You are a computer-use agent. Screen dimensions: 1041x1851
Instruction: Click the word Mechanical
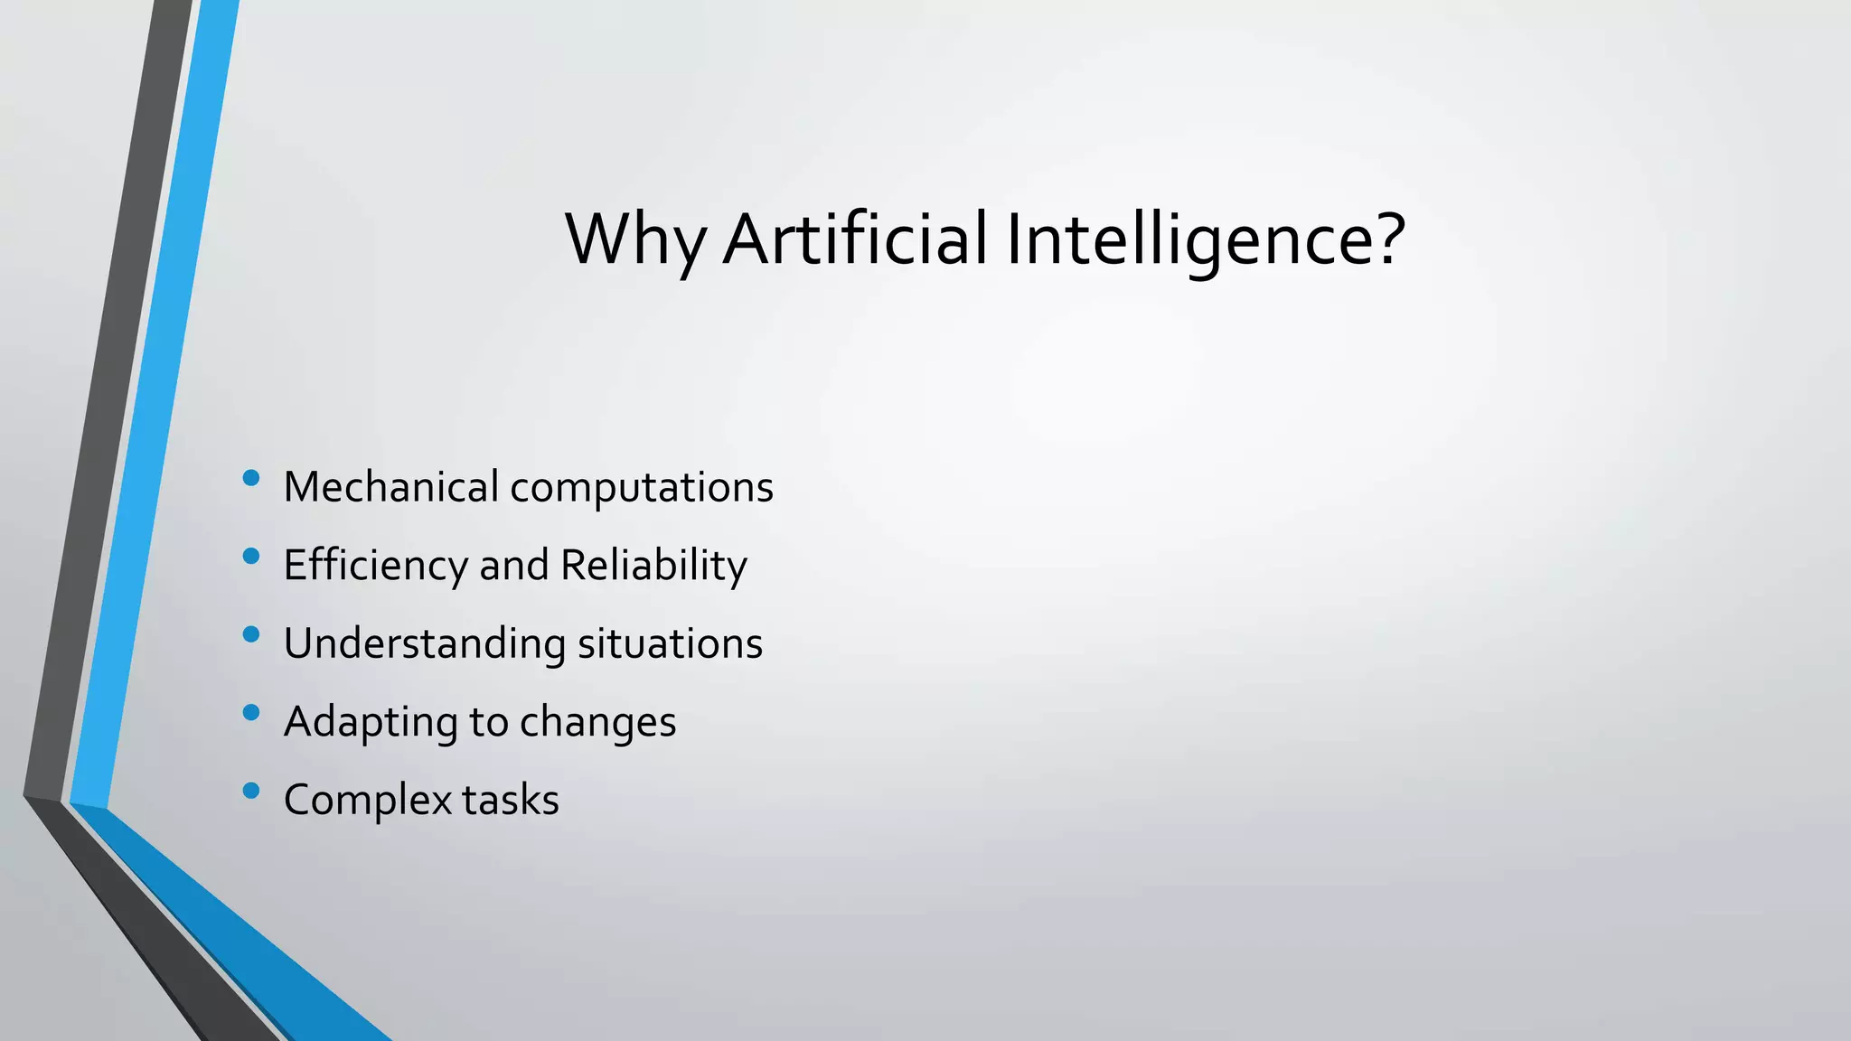pyautogui.click(x=390, y=487)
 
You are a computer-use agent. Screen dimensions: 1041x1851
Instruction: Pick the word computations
pyautogui.click(x=642, y=489)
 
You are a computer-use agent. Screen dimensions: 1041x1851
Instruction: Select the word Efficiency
pyautogui.click(x=376, y=567)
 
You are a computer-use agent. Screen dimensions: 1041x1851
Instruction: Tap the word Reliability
pyautogui.click(x=653, y=567)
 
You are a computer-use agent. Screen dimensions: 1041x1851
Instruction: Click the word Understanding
pyautogui.click(x=424, y=645)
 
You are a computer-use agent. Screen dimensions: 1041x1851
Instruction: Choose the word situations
pyautogui.click(x=670, y=644)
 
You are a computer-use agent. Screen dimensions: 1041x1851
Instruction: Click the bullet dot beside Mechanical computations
pyautogui.click(x=251, y=478)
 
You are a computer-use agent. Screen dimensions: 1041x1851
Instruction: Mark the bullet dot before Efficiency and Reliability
pyautogui.click(x=251, y=557)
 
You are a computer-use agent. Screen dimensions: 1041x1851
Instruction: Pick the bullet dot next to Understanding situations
pyautogui.click(x=251, y=634)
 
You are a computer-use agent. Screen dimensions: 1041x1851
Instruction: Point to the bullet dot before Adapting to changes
pyautogui.click(x=251, y=713)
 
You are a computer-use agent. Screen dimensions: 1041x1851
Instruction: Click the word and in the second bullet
pyautogui.click(x=513, y=567)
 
